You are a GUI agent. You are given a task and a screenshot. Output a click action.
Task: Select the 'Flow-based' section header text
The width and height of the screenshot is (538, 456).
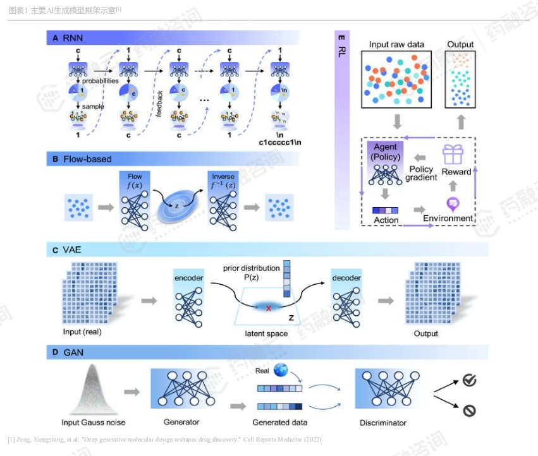click(x=87, y=159)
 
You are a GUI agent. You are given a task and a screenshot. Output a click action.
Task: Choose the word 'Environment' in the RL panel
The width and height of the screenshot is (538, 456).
click(x=448, y=218)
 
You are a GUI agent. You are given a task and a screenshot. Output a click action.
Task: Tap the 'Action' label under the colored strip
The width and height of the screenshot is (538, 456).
click(x=386, y=220)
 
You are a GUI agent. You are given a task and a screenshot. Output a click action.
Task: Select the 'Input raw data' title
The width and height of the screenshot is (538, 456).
click(x=396, y=44)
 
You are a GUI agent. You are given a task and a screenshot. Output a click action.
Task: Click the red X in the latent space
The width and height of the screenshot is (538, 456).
click(x=268, y=308)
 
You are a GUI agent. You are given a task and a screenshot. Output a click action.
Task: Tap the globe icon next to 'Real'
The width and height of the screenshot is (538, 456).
click(x=280, y=371)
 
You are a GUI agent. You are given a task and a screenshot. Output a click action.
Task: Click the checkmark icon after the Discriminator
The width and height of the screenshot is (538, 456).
click(x=469, y=380)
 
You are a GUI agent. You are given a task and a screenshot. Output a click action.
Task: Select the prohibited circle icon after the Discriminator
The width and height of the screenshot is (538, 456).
click(x=469, y=411)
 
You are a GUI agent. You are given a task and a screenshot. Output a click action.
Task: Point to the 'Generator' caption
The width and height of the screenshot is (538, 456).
click(x=181, y=422)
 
